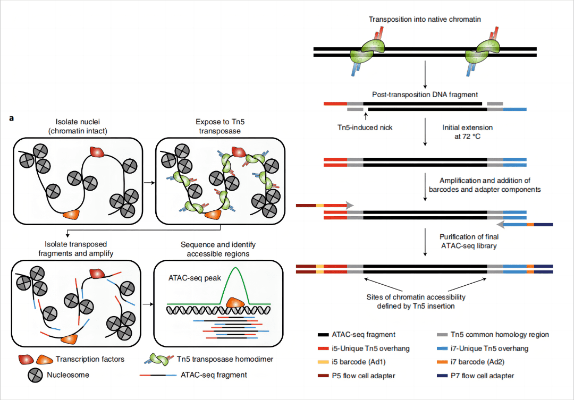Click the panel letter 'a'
12,117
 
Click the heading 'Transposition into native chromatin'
425,19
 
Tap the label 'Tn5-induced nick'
365,128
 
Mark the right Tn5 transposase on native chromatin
482,53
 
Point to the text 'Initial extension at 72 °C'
467,132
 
